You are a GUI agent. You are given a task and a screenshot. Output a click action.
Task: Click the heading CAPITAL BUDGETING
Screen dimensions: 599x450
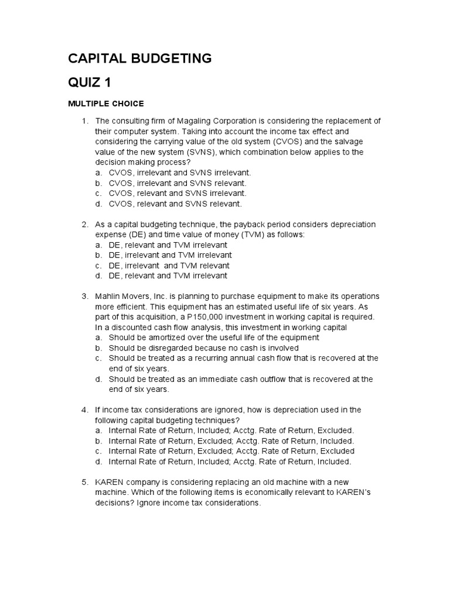coord(139,58)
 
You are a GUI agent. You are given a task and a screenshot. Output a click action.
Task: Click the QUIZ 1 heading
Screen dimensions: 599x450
coord(89,81)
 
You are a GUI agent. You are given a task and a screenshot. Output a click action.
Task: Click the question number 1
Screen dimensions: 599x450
coord(84,121)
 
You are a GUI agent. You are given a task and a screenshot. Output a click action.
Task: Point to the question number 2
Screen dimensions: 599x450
coord(84,225)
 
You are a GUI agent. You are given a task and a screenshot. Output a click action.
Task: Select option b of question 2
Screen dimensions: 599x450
coord(170,255)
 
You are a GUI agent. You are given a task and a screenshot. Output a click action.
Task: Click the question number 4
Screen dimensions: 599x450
coord(84,409)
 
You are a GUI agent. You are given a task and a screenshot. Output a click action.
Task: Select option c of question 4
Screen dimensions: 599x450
coord(231,451)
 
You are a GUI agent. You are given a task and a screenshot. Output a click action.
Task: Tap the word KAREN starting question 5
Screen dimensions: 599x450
coord(110,482)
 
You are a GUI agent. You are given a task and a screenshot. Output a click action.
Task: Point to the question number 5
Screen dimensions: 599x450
coord(84,482)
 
